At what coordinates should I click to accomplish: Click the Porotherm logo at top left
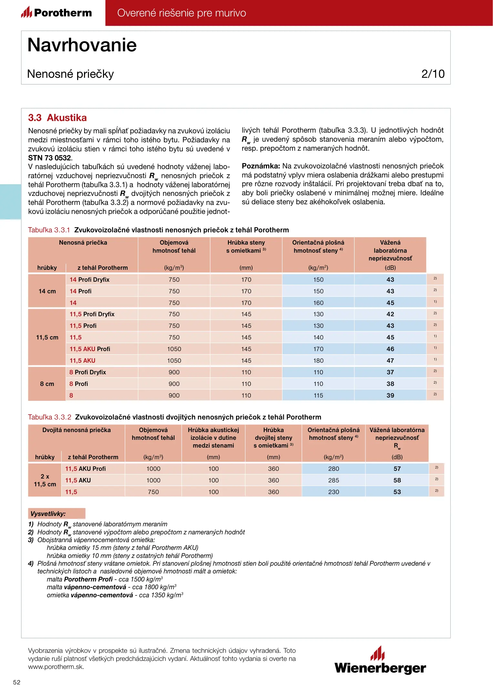click(x=57, y=13)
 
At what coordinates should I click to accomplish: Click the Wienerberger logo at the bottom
click(x=380, y=661)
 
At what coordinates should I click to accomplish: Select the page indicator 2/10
click(x=433, y=74)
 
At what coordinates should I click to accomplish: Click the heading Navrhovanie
click(x=82, y=45)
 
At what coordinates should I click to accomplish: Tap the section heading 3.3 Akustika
click(x=57, y=118)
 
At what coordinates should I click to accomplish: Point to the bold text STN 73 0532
click(x=49, y=158)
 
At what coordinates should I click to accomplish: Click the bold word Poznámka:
click(x=261, y=166)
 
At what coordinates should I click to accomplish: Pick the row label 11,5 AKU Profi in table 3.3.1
click(x=90, y=349)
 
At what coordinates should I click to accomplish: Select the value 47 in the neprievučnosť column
click(x=390, y=360)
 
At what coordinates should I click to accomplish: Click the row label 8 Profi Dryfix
click(x=87, y=372)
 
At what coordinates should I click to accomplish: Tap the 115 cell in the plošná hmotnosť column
click(x=318, y=395)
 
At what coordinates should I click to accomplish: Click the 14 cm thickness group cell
click(x=47, y=291)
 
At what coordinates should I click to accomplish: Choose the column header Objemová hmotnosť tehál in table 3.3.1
click(x=174, y=247)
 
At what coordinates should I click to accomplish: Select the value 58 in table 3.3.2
click(x=397, y=480)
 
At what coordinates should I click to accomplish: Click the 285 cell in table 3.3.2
click(x=333, y=480)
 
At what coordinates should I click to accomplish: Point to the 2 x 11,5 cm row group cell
click(x=45, y=480)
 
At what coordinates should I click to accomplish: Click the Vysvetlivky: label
click(x=48, y=513)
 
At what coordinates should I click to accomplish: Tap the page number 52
click(x=17, y=682)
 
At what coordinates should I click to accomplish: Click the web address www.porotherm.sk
click(x=56, y=667)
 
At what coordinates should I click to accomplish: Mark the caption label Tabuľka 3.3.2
click(x=49, y=417)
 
